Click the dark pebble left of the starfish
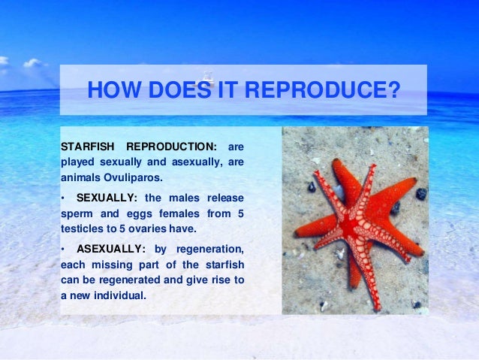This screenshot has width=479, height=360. click(312, 186)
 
